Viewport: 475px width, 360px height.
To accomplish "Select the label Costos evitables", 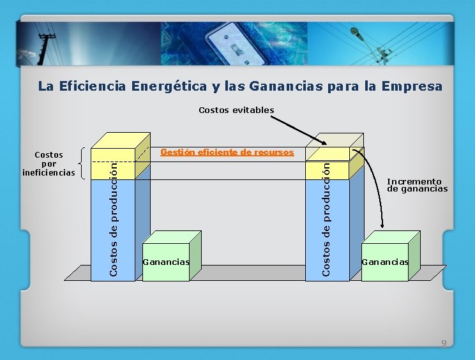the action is pos(236,110).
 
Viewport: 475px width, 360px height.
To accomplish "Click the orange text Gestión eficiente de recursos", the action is pos(227,153).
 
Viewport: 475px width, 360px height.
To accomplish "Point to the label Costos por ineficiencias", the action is pos(49,163).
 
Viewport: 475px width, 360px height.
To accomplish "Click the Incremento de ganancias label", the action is pos(417,185).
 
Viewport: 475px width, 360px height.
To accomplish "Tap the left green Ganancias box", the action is pos(166,262).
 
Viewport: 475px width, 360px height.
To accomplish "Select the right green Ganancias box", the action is pos(385,262).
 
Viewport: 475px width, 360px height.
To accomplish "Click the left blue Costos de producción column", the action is pos(113,230).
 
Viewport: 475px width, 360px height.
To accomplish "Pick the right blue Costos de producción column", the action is pos(327,230).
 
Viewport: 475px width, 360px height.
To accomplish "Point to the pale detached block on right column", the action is pos(328,153).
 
